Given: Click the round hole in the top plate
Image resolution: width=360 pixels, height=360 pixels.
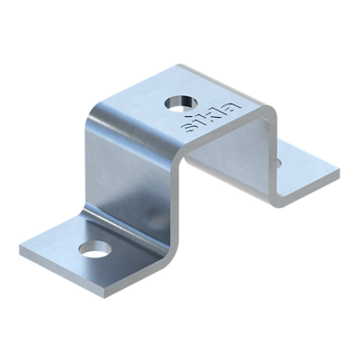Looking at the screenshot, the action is pos(181,103).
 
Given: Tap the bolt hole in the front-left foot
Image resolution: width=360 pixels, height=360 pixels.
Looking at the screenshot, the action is pos(95,249).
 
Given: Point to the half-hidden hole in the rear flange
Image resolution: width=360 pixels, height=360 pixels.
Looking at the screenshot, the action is pos(278,163).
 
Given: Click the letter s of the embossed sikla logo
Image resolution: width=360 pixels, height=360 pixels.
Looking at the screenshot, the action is pos(188,129).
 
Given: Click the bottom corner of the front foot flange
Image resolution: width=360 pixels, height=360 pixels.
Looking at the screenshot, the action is pos(105,297).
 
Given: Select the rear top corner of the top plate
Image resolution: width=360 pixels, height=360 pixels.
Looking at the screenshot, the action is pos(180,65).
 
